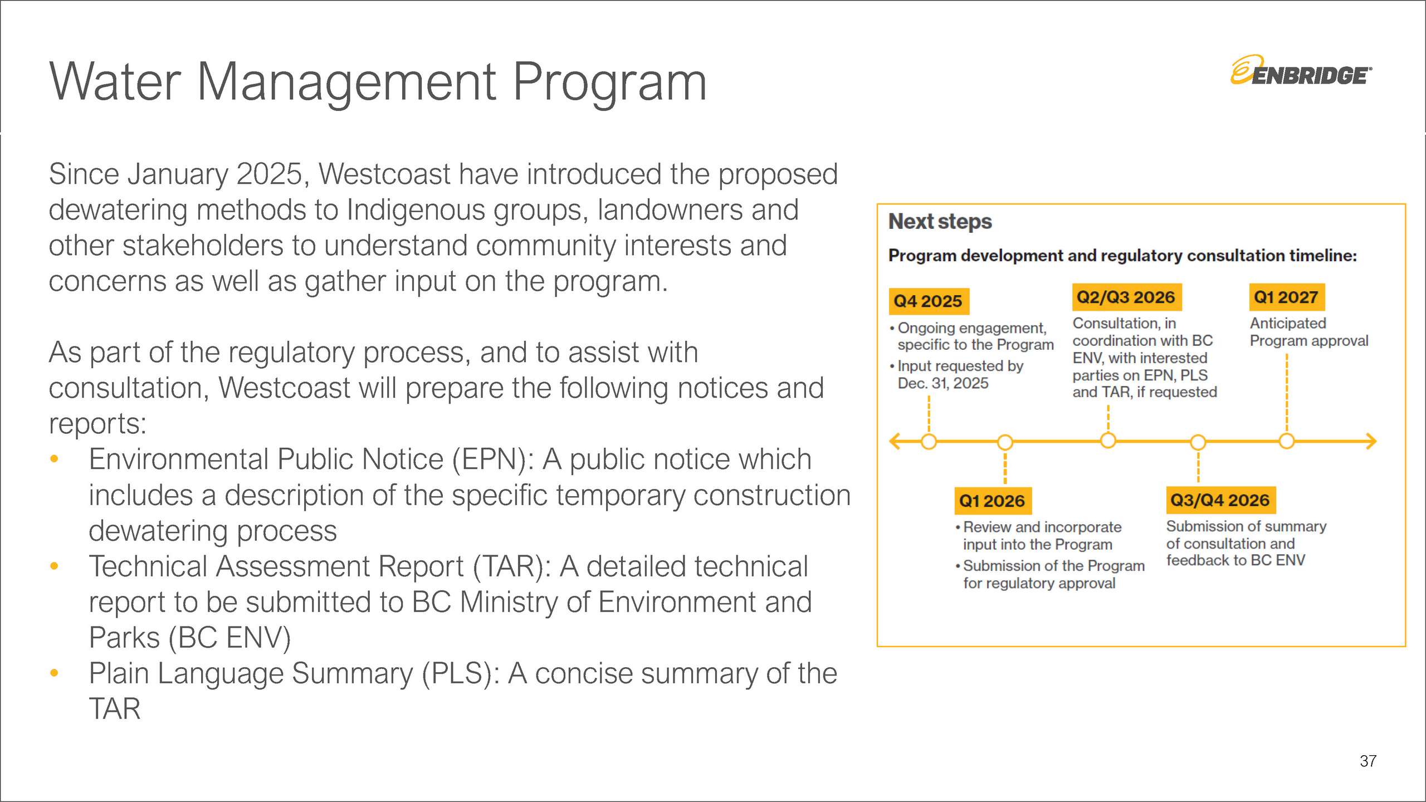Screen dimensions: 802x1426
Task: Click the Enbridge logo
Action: coord(1301,71)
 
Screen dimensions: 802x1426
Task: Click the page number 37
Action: coord(1368,761)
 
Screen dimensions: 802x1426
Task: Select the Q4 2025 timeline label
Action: coord(928,301)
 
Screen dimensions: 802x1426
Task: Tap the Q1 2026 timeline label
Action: coord(992,501)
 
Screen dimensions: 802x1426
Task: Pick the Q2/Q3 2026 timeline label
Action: coord(1126,297)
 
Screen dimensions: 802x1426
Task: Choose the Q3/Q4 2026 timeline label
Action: coord(1220,500)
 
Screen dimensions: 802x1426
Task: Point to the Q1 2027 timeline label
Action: coord(1286,297)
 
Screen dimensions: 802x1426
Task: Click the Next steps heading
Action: coord(940,222)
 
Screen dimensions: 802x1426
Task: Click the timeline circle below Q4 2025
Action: coord(929,442)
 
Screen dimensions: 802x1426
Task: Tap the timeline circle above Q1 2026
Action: coord(1005,442)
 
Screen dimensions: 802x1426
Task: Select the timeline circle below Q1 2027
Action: coord(1287,441)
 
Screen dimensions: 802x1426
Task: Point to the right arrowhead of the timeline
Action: coord(1372,442)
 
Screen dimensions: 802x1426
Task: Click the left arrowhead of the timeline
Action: coord(895,442)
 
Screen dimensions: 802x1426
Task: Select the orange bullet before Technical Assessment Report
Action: coord(54,566)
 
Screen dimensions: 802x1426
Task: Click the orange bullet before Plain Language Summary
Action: coord(54,673)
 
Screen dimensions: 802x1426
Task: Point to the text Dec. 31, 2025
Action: coord(943,383)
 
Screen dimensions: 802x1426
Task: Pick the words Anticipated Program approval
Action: coord(1308,332)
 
